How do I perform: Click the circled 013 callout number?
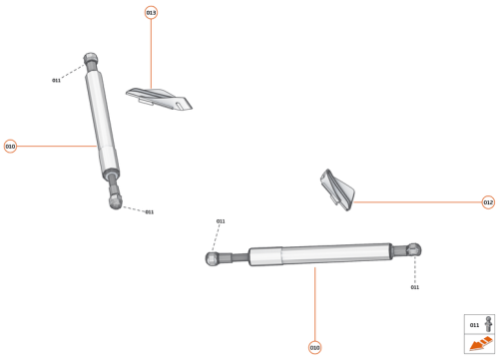click(151, 13)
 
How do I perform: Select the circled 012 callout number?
click(488, 202)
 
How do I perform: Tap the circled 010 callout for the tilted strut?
click(10, 147)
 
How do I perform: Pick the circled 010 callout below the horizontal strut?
click(315, 347)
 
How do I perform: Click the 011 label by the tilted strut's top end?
click(57, 80)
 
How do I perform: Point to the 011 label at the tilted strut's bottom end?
click(149, 211)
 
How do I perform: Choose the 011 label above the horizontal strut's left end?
click(221, 221)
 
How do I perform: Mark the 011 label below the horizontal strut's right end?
click(414, 287)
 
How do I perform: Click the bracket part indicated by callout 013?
click(159, 99)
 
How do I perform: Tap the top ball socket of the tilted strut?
click(91, 60)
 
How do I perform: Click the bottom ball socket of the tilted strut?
click(116, 202)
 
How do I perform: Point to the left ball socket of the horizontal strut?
click(213, 259)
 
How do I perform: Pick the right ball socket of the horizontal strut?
click(414, 249)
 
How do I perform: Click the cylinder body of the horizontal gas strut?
click(319, 253)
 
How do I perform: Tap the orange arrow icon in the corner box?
click(480, 344)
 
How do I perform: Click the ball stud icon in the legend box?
click(488, 324)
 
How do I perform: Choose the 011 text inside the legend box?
click(474, 325)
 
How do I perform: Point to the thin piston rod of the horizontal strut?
click(236, 257)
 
